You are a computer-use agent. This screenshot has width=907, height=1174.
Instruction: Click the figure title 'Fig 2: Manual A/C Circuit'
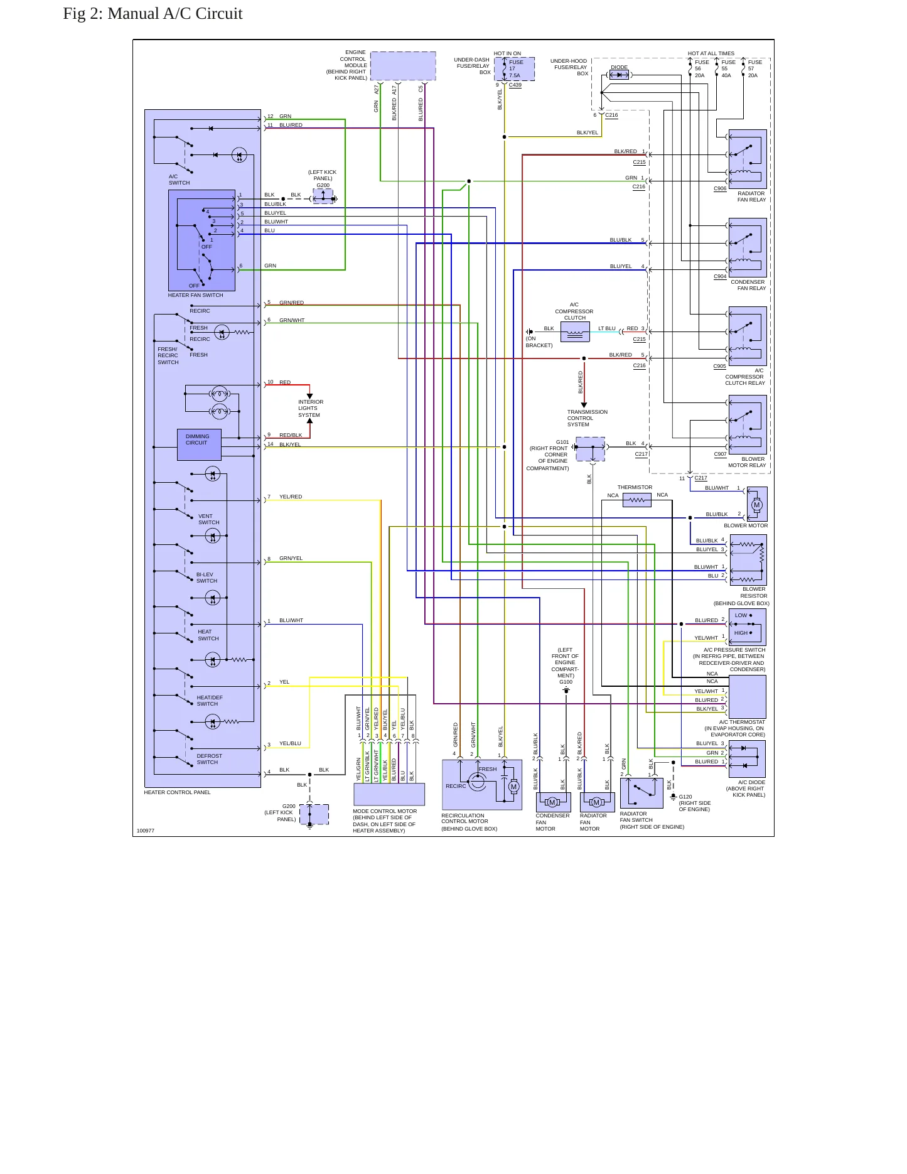click(x=153, y=14)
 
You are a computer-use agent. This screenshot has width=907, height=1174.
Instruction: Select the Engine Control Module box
click(x=403, y=66)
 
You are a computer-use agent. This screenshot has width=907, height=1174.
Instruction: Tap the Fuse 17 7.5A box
click(x=515, y=69)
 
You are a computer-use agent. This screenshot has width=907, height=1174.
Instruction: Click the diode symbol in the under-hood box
click(x=619, y=75)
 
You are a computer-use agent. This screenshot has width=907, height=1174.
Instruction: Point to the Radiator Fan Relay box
click(x=748, y=159)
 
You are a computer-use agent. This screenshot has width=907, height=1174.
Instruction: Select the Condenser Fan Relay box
click(x=748, y=247)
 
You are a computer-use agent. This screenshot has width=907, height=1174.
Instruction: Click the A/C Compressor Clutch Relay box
click(x=748, y=336)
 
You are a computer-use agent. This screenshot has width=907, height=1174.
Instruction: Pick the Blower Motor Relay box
click(x=748, y=424)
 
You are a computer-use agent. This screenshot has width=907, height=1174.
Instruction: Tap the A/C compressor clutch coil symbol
click(x=575, y=332)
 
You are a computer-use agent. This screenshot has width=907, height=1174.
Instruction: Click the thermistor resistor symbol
click(x=637, y=500)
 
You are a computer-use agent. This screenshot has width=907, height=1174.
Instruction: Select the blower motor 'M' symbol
click(x=757, y=505)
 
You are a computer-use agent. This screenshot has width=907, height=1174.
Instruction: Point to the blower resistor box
click(x=748, y=560)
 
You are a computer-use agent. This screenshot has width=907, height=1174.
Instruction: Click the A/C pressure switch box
click(x=748, y=627)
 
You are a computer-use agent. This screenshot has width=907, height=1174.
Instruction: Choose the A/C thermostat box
click(x=748, y=696)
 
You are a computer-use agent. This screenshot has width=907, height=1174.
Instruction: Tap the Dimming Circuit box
click(x=199, y=444)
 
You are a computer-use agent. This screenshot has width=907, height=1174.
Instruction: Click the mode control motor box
click(x=389, y=794)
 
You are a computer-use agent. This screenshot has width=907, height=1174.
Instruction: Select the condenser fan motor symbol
click(x=553, y=802)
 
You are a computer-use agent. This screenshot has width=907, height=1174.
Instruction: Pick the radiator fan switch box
click(x=641, y=793)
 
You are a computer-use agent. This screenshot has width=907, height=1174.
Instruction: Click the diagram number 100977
click(x=146, y=831)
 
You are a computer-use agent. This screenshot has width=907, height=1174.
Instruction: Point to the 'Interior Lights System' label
click(x=311, y=409)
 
